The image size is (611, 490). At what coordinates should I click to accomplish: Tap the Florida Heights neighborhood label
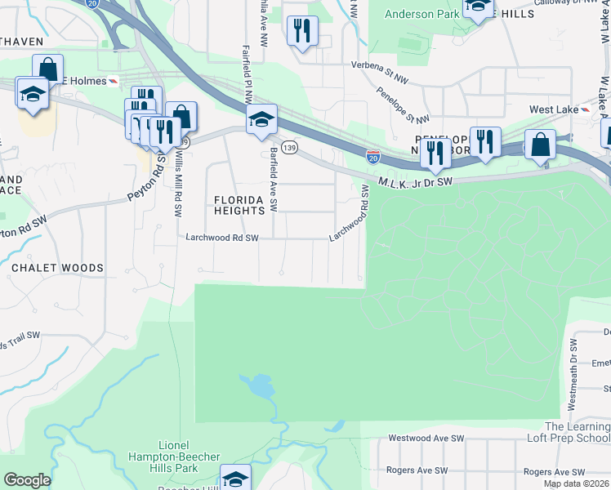point(240,204)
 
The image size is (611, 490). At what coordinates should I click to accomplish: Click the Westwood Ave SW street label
point(426,439)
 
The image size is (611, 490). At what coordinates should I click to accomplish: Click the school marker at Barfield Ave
point(262,120)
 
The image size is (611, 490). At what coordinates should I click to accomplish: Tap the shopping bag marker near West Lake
point(540,145)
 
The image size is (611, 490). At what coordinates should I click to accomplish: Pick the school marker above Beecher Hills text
point(235,478)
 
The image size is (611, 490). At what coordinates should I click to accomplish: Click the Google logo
point(27,479)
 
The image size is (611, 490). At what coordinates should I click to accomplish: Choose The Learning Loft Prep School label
point(576,432)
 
